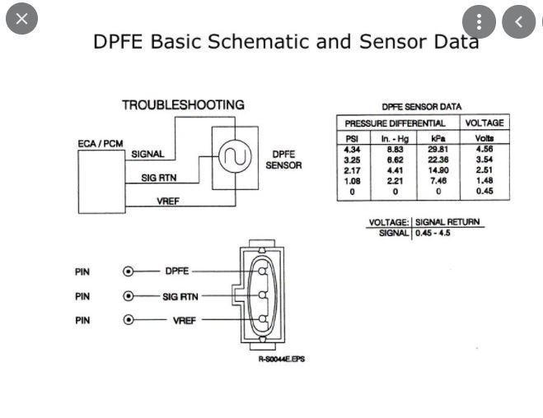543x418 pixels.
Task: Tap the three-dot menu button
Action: click(x=480, y=22)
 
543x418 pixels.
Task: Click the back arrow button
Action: click(x=518, y=22)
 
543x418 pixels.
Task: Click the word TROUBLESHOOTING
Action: click(x=183, y=105)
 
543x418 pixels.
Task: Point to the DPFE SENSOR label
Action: click(x=283, y=160)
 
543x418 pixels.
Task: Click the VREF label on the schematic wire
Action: click(x=168, y=201)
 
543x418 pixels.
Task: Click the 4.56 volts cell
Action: click(x=484, y=149)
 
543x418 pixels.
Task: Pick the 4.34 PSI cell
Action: click(x=352, y=149)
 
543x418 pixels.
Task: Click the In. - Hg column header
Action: click(x=395, y=138)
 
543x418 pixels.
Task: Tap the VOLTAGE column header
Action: click(x=484, y=123)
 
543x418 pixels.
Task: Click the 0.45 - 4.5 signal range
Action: click(x=433, y=234)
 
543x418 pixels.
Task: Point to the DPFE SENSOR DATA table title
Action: click(x=421, y=107)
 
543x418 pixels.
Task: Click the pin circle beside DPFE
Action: click(x=128, y=271)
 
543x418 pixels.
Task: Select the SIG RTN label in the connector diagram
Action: click(x=180, y=296)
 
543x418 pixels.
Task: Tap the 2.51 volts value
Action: click(x=484, y=170)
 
